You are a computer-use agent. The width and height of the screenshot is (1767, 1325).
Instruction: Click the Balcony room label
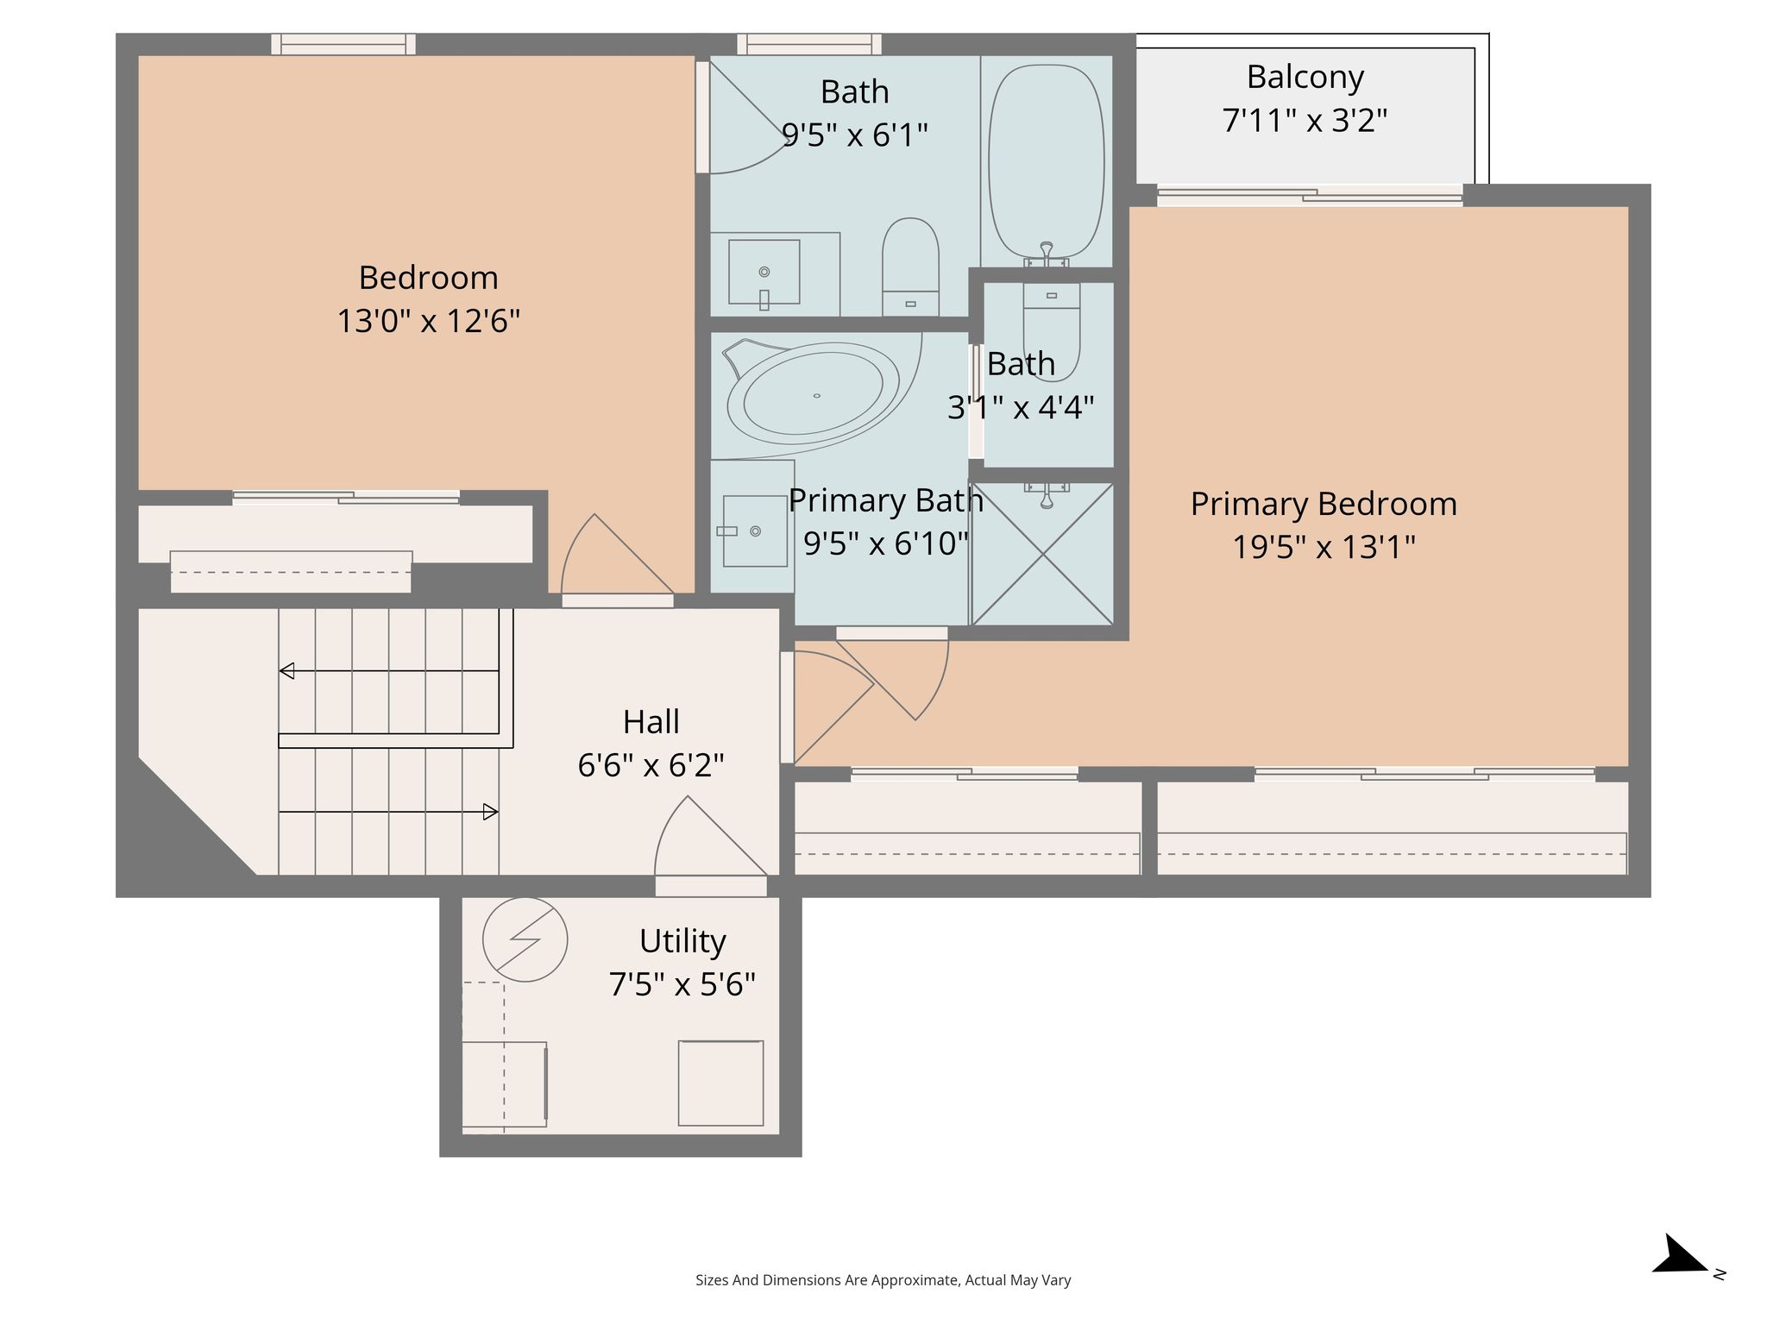(x=1305, y=77)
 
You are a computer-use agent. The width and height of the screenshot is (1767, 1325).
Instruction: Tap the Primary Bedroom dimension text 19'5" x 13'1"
(x=1324, y=547)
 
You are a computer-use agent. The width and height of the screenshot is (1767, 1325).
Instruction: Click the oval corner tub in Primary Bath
(x=814, y=396)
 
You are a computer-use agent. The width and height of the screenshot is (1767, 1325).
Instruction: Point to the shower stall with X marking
(x=1043, y=554)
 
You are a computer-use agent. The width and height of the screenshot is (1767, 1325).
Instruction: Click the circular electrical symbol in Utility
(x=525, y=939)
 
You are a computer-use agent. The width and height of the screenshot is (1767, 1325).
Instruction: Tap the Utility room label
(x=682, y=940)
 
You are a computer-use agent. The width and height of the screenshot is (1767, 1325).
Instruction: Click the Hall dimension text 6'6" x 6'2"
(x=651, y=765)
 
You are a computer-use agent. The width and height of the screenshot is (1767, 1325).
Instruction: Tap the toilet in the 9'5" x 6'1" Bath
(x=910, y=267)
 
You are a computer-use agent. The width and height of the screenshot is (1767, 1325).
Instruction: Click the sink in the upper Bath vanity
(x=764, y=272)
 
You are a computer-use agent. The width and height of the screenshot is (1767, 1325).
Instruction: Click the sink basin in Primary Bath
(x=755, y=531)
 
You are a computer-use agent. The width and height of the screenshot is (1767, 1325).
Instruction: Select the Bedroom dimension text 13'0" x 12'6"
(x=428, y=321)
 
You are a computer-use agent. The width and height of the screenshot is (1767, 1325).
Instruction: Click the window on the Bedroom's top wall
(x=343, y=44)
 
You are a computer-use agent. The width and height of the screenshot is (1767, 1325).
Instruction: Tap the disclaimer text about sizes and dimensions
(x=883, y=1280)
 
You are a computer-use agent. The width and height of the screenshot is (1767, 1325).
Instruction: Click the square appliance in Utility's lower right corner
(x=720, y=1083)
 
